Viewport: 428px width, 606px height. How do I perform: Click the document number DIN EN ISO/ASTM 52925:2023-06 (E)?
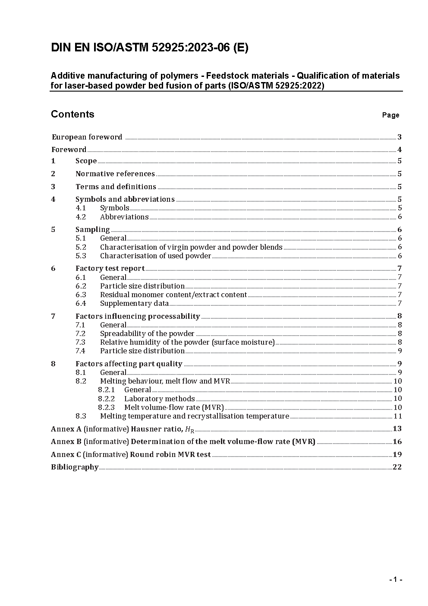coord(149,48)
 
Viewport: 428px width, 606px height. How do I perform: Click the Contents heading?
coord(72,114)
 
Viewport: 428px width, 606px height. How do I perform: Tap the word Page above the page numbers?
coord(390,115)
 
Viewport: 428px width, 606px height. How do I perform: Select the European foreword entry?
coord(87,137)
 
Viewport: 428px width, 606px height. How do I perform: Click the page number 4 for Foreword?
coord(400,150)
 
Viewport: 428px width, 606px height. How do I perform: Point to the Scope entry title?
coord(86,161)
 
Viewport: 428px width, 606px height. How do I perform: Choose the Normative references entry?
coord(115,174)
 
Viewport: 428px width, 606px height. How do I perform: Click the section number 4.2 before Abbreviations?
coord(81,217)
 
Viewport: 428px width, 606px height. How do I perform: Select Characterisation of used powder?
coord(155,256)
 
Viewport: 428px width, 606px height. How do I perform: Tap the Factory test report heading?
coord(110,269)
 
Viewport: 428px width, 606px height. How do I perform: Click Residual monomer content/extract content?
coord(173,295)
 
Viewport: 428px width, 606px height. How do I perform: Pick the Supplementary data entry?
coord(134,304)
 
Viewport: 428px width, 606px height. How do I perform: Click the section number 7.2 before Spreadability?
coord(81,334)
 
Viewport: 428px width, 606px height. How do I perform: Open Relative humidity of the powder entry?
coord(187,343)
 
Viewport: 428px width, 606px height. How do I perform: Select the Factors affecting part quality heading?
coord(129,364)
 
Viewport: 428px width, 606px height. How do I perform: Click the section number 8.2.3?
coord(106,407)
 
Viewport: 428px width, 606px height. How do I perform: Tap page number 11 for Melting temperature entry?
coord(397,416)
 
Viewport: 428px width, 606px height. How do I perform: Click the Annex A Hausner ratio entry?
coord(123,429)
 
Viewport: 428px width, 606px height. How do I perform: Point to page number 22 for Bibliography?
coord(397,467)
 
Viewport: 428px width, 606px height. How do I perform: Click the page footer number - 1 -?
coord(395,580)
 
